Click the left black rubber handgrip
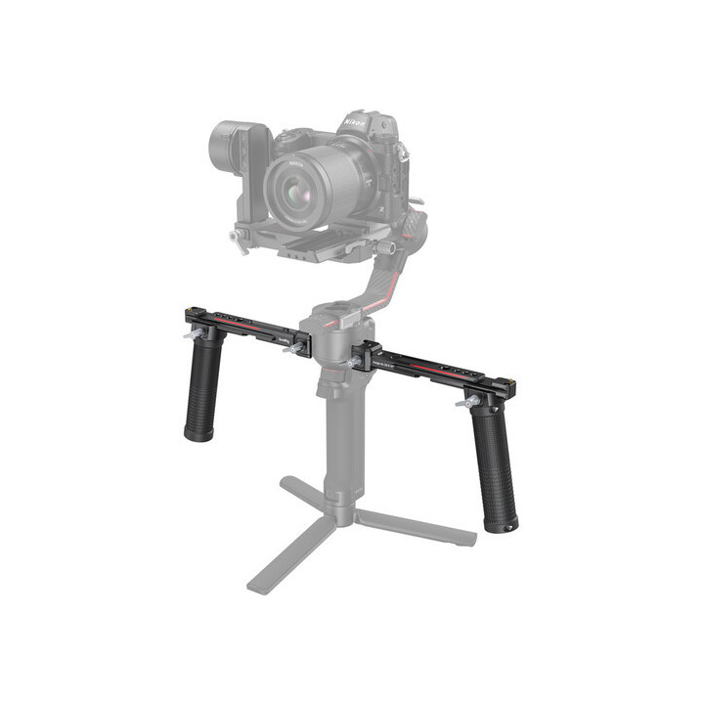pyautogui.click(x=202, y=387)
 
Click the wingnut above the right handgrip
pyautogui.click(x=466, y=400)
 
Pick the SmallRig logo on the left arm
pyautogui.click(x=284, y=341)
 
